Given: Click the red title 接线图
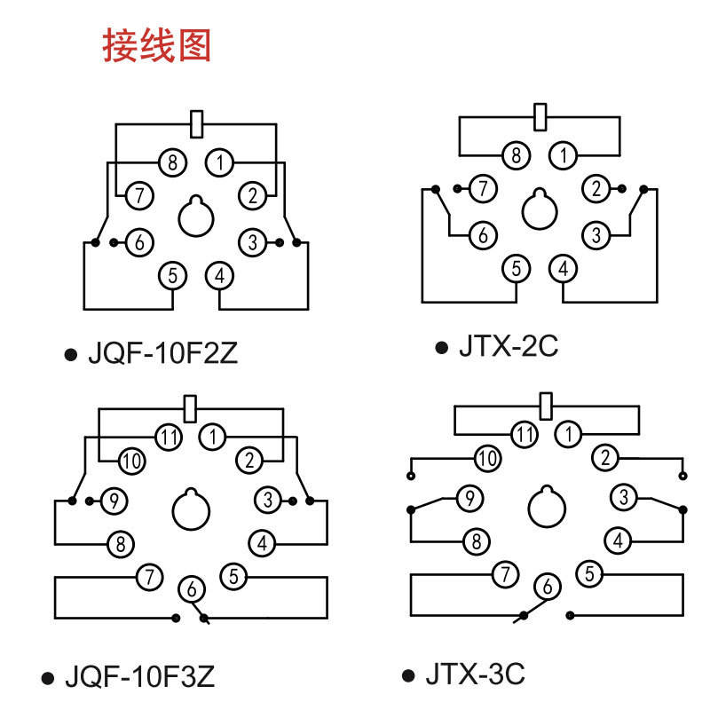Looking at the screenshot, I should point(157,44).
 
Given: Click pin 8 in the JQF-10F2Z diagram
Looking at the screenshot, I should point(172,162).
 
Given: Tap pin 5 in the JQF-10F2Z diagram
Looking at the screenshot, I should point(172,276).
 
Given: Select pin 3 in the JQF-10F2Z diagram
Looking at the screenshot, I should point(253,241).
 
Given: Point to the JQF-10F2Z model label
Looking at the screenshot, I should point(163,354).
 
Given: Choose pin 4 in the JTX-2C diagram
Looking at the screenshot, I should point(562,266).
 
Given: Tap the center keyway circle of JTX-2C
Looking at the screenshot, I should point(538,209).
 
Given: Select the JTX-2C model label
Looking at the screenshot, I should point(509,346).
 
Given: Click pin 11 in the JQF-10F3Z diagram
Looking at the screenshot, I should point(171,436).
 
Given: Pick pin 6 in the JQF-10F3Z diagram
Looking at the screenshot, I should point(191,587).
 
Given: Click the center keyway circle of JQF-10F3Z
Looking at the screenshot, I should point(191,510).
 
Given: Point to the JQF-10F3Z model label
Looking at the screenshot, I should point(139,679).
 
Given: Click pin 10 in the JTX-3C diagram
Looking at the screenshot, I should point(485,459).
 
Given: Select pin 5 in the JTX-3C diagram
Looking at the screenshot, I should point(588,573).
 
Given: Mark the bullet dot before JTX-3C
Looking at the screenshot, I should point(408,676).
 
